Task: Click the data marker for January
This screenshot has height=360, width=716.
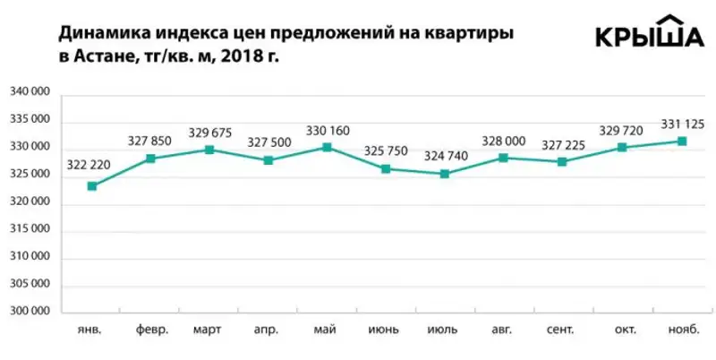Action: [92, 186]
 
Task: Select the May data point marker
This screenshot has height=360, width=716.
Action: [327, 147]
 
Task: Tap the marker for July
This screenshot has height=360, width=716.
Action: [444, 174]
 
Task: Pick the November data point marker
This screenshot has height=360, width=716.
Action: [682, 141]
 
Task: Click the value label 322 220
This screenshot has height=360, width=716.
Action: [89, 167]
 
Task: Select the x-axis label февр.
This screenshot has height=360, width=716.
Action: [151, 330]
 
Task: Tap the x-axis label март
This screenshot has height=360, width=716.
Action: [209, 330]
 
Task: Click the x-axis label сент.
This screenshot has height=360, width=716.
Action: [561, 330]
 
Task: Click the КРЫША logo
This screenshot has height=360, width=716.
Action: [651, 34]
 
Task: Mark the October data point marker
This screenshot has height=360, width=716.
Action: [622, 147]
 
